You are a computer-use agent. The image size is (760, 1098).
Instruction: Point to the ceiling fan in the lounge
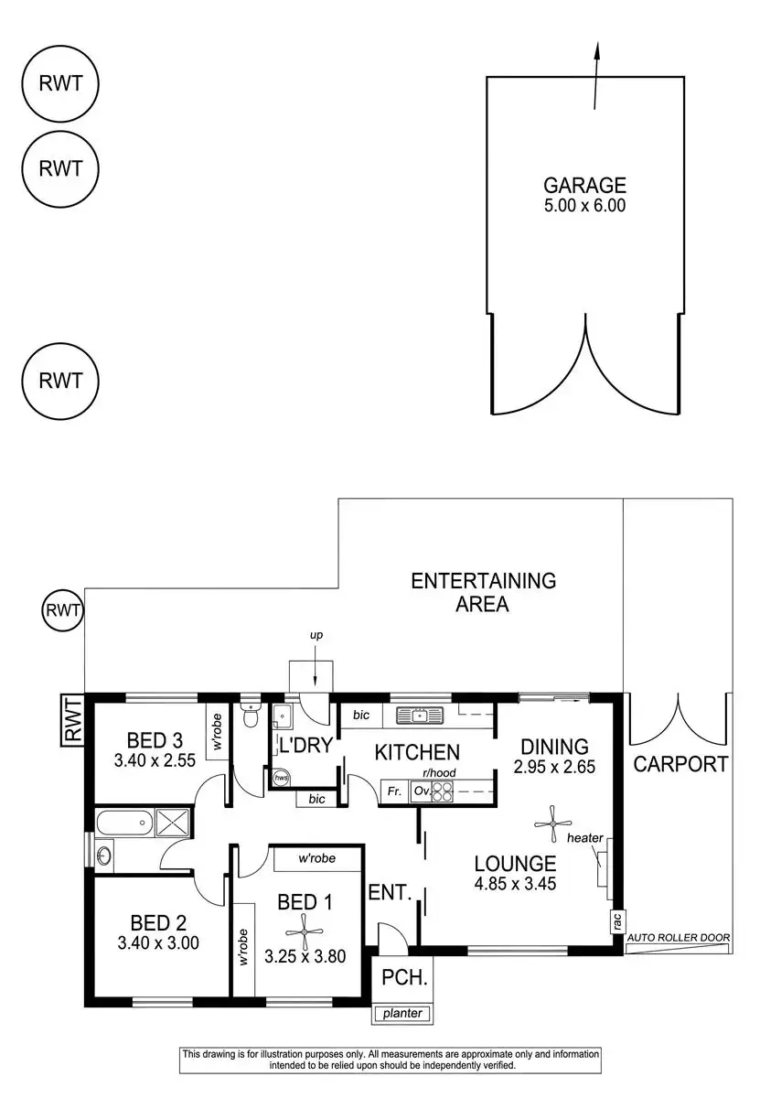click(552, 823)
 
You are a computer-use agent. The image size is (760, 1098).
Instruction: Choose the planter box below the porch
click(402, 1014)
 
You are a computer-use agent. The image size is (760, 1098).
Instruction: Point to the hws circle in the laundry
click(283, 777)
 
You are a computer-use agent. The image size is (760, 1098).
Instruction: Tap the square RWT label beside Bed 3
click(72, 719)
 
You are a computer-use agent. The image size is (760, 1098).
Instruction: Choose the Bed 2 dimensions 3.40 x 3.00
click(157, 942)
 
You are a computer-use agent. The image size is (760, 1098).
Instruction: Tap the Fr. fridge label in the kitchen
click(395, 791)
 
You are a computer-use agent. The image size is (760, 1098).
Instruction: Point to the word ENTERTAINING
click(483, 581)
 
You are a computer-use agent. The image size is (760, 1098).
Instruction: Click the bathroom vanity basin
click(102, 856)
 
